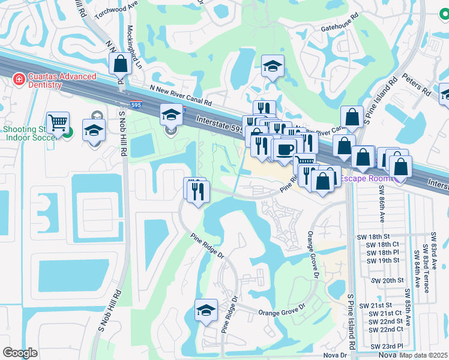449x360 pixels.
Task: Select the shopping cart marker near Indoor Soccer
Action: (58, 124)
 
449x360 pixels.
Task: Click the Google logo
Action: (20, 353)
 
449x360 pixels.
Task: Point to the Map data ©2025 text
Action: (423, 355)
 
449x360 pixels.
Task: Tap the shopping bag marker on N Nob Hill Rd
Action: (121, 63)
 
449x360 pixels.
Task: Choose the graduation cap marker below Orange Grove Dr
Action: (206, 310)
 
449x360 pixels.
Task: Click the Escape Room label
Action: (363, 179)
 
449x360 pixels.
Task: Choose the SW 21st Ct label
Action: (385, 313)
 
